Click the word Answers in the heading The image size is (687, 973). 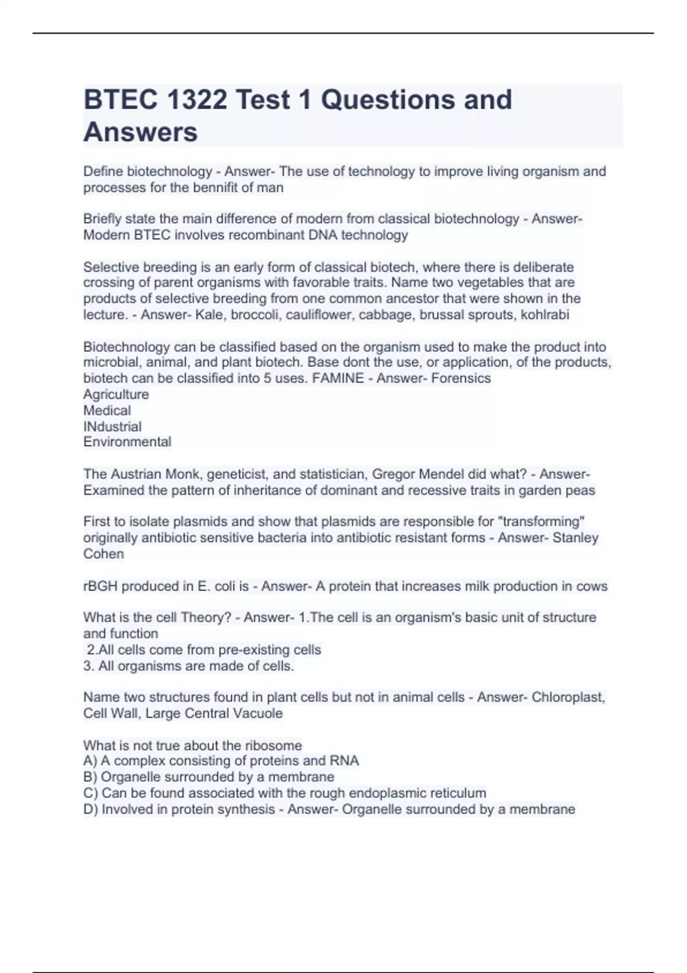[140, 132]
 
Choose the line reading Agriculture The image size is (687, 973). [116, 394]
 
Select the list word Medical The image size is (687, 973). [107, 410]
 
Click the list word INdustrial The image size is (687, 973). [112, 426]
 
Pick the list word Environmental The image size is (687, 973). [127, 442]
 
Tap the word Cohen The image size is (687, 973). [104, 554]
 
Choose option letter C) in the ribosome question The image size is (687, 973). [90, 793]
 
